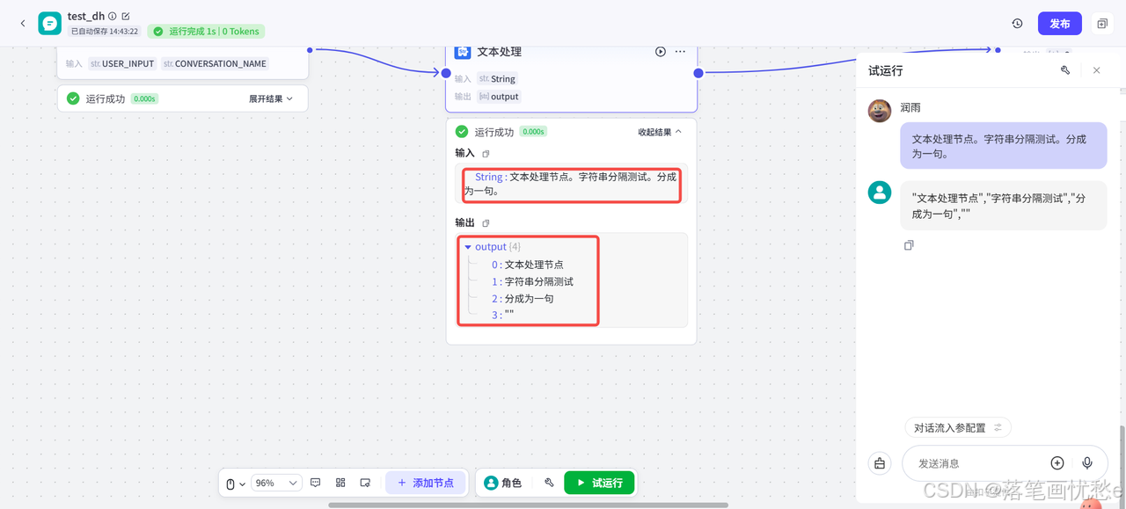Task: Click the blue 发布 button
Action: click(x=1059, y=24)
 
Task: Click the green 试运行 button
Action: click(x=598, y=483)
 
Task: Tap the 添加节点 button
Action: click(x=426, y=483)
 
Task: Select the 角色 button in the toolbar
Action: click(x=503, y=483)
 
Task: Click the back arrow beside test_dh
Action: click(x=23, y=24)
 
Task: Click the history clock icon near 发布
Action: click(x=1017, y=24)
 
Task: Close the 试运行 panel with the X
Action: click(x=1096, y=70)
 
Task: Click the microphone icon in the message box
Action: click(x=1087, y=463)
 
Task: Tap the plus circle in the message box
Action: click(x=1057, y=463)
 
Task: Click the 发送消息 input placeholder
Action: click(x=968, y=463)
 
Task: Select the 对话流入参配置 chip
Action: click(x=957, y=428)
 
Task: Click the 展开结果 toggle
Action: click(x=271, y=99)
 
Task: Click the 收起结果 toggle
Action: click(x=660, y=132)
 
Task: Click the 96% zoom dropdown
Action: click(x=276, y=483)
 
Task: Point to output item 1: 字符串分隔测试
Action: click(x=538, y=282)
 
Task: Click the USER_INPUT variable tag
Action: click(x=122, y=64)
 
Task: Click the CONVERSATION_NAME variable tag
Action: click(x=215, y=64)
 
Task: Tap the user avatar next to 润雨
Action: click(x=880, y=111)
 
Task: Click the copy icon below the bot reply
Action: click(x=909, y=245)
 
